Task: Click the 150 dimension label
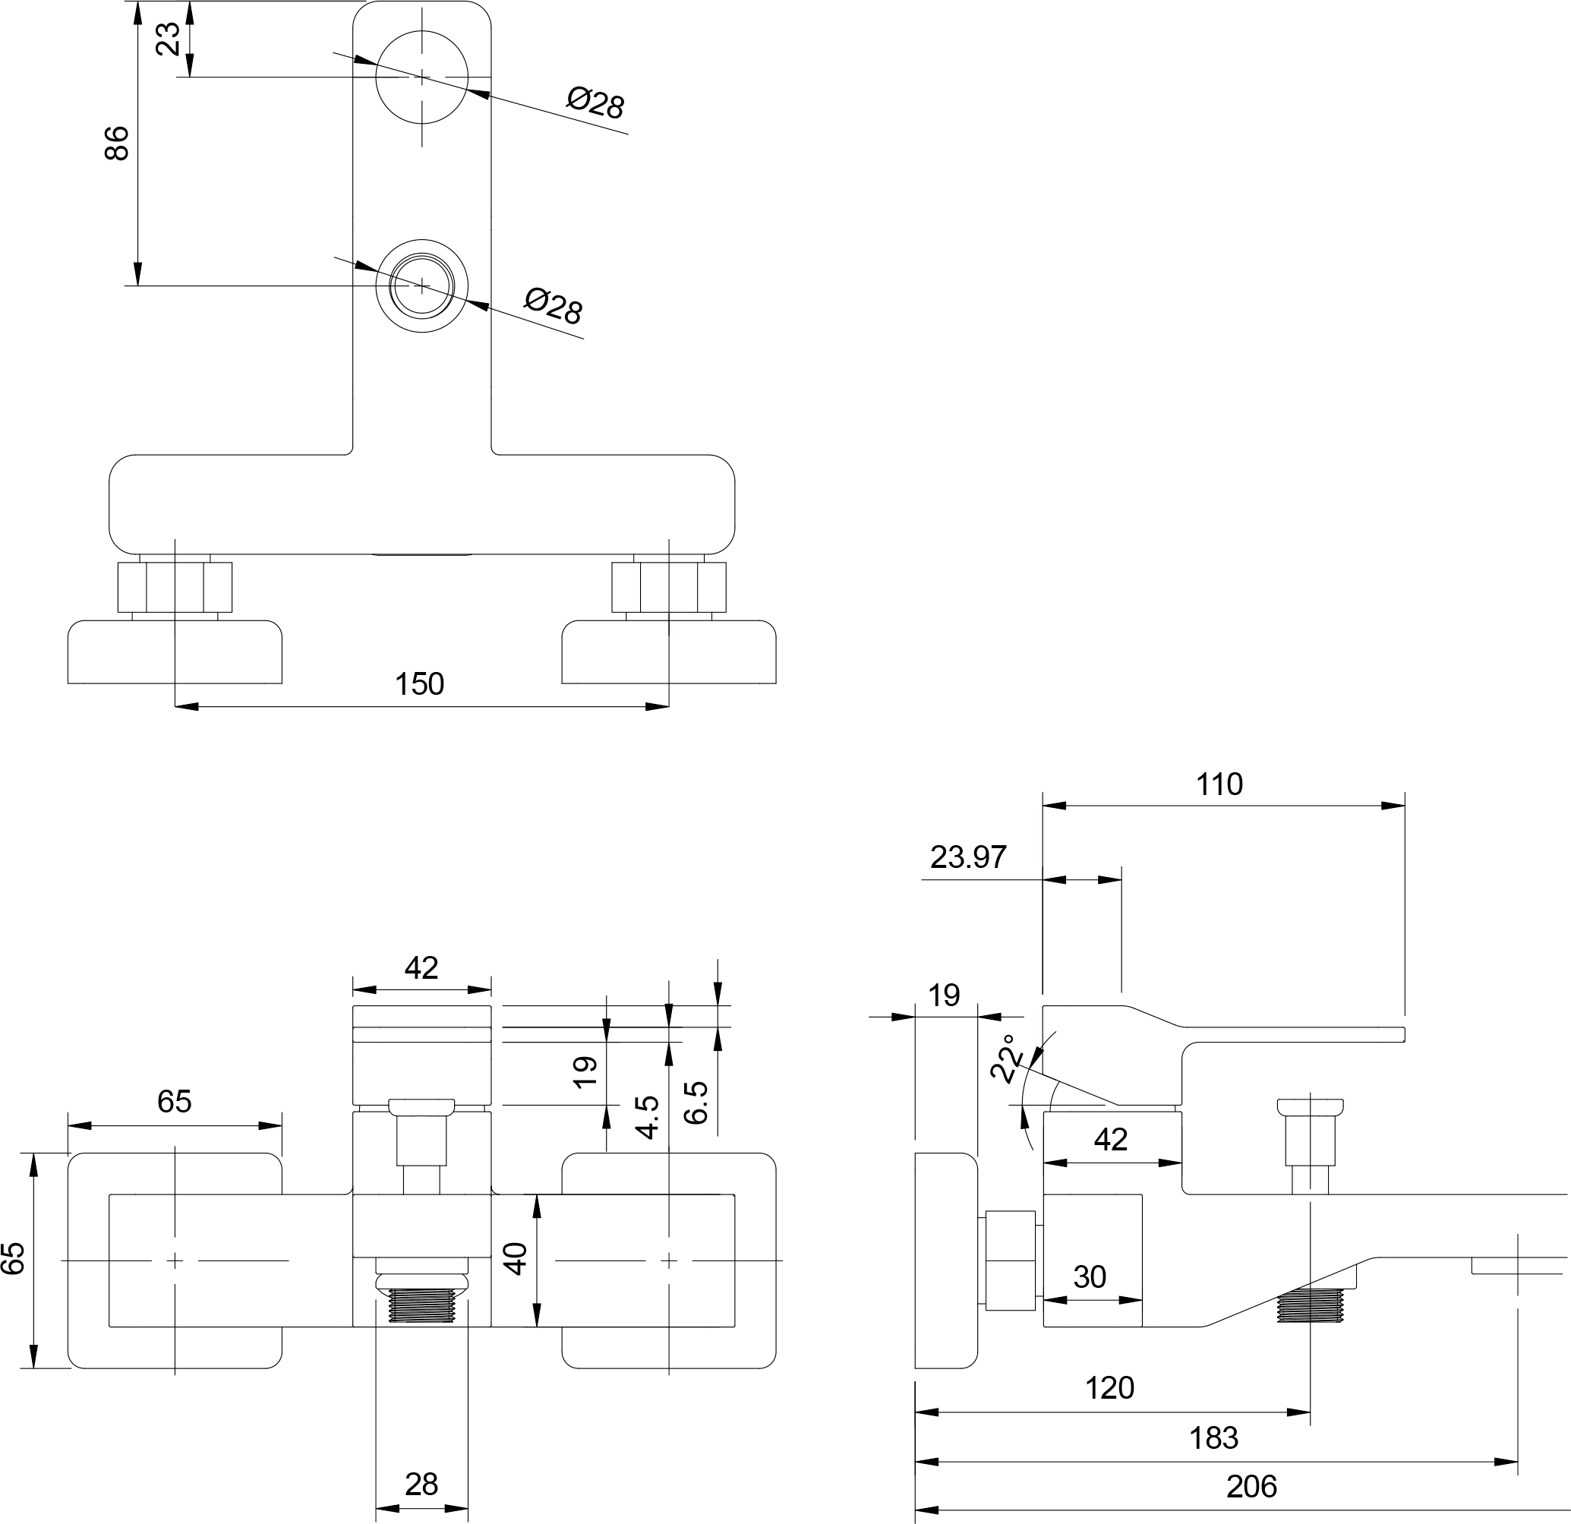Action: pyautogui.click(x=419, y=684)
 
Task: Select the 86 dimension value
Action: pyautogui.click(x=117, y=143)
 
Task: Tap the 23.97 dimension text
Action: pyautogui.click(x=967, y=857)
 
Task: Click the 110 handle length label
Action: pyautogui.click(x=1219, y=784)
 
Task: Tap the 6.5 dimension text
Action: pyautogui.click(x=696, y=1103)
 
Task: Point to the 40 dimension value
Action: pyautogui.click(x=516, y=1259)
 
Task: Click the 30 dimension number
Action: pyautogui.click(x=1090, y=1277)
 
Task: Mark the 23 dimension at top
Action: pyautogui.click(x=168, y=39)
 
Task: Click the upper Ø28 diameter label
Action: pyautogui.click(x=595, y=103)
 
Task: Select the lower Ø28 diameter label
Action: pyautogui.click(x=553, y=306)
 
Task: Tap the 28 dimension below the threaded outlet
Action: pyautogui.click(x=421, y=1484)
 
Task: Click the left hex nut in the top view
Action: pyautogui.click(x=175, y=587)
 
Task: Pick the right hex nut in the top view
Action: pyautogui.click(x=669, y=587)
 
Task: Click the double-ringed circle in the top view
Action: pyautogui.click(x=422, y=286)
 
